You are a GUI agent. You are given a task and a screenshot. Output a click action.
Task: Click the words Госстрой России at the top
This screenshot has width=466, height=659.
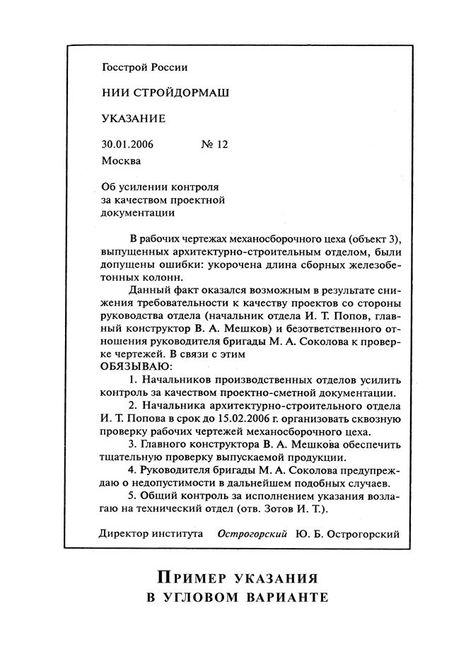click(145, 68)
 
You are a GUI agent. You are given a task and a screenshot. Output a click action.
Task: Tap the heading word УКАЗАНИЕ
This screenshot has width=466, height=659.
click(134, 118)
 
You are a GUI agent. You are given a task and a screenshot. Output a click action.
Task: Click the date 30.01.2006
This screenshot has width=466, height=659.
click(127, 144)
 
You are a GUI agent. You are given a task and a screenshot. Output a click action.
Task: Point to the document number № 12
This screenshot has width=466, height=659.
click(215, 144)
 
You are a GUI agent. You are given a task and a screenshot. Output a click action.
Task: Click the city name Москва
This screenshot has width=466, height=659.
click(121, 161)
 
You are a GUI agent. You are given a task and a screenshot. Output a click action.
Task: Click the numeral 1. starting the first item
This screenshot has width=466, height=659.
click(133, 380)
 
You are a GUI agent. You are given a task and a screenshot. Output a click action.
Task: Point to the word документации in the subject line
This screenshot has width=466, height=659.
click(138, 212)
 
